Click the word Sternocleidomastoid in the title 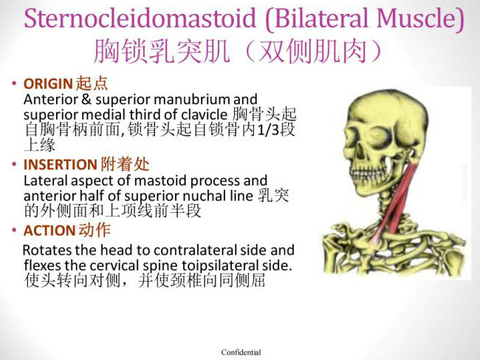click(x=140, y=18)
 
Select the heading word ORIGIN click(x=48, y=84)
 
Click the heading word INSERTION click(x=61, y=165)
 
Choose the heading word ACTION click(x=49, y=231)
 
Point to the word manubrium click(x=193, y=99)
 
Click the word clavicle click(x=205, y=115)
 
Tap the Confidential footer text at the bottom click(x=241, y=353)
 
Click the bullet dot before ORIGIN click(x=14, y=84)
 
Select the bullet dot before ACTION click(x=14, y=230)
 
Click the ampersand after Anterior click(x=86, y=99)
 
